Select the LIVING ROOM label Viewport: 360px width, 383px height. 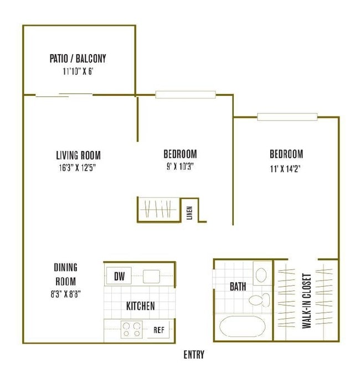79,155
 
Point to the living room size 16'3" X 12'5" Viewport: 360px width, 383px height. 79,167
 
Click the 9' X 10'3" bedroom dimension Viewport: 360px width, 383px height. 180,166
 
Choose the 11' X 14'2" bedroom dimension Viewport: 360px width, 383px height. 286,166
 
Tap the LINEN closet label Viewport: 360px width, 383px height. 189,213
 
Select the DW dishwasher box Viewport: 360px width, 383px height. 119,276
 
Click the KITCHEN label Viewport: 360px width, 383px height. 141,306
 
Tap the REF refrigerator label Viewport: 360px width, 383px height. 159,330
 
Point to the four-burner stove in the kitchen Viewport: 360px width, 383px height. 132,329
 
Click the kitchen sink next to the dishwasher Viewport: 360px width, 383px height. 152,276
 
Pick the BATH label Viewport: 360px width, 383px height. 238,287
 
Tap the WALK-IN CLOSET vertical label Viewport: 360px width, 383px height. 306,301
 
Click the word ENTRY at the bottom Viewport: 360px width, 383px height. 193,355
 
